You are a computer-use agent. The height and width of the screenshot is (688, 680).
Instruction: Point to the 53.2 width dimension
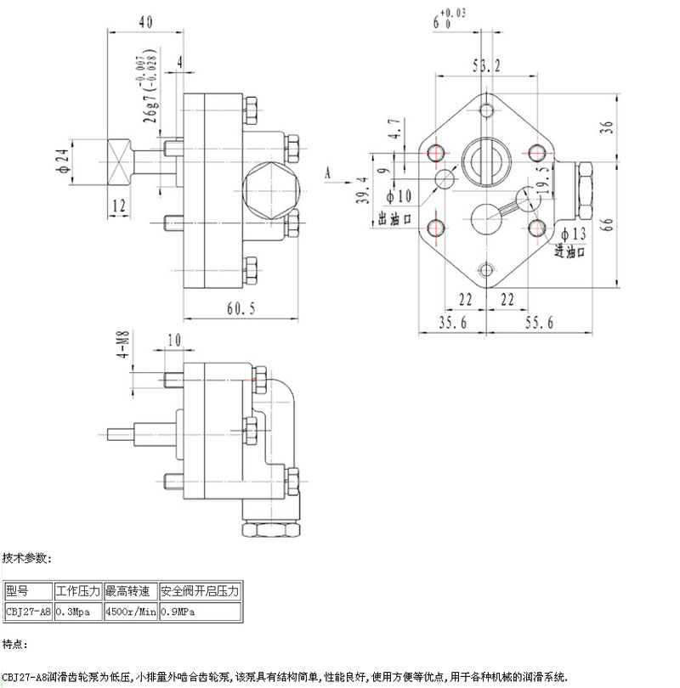coord(485,65)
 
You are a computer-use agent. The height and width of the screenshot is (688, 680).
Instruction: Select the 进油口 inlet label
coord(571,251)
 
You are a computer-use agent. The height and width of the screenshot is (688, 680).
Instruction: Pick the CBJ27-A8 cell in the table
coord(28,611)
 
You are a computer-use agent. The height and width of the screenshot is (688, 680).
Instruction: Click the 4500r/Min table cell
coord(130,611)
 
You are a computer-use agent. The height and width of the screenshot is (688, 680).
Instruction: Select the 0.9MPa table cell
coord(178,611)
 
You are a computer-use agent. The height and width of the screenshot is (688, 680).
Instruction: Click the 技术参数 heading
coord(27,558)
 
